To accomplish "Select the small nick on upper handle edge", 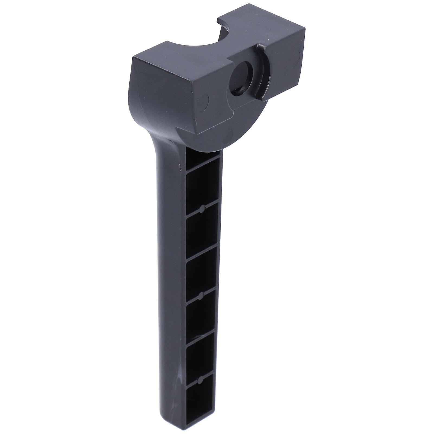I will pos(179,165).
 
